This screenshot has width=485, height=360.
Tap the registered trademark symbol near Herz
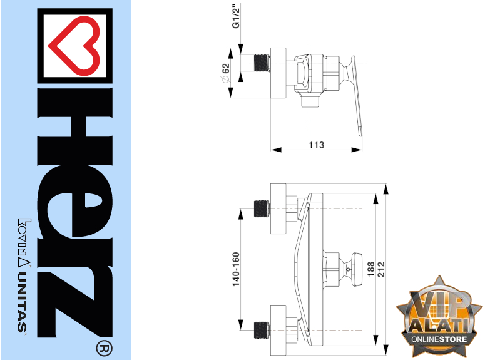105,349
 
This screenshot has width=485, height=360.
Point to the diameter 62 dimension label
225,73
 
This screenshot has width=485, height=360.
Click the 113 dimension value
317,145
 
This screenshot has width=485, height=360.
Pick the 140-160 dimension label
236,270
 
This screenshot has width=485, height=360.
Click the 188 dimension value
370,269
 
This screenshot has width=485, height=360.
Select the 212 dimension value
381,269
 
